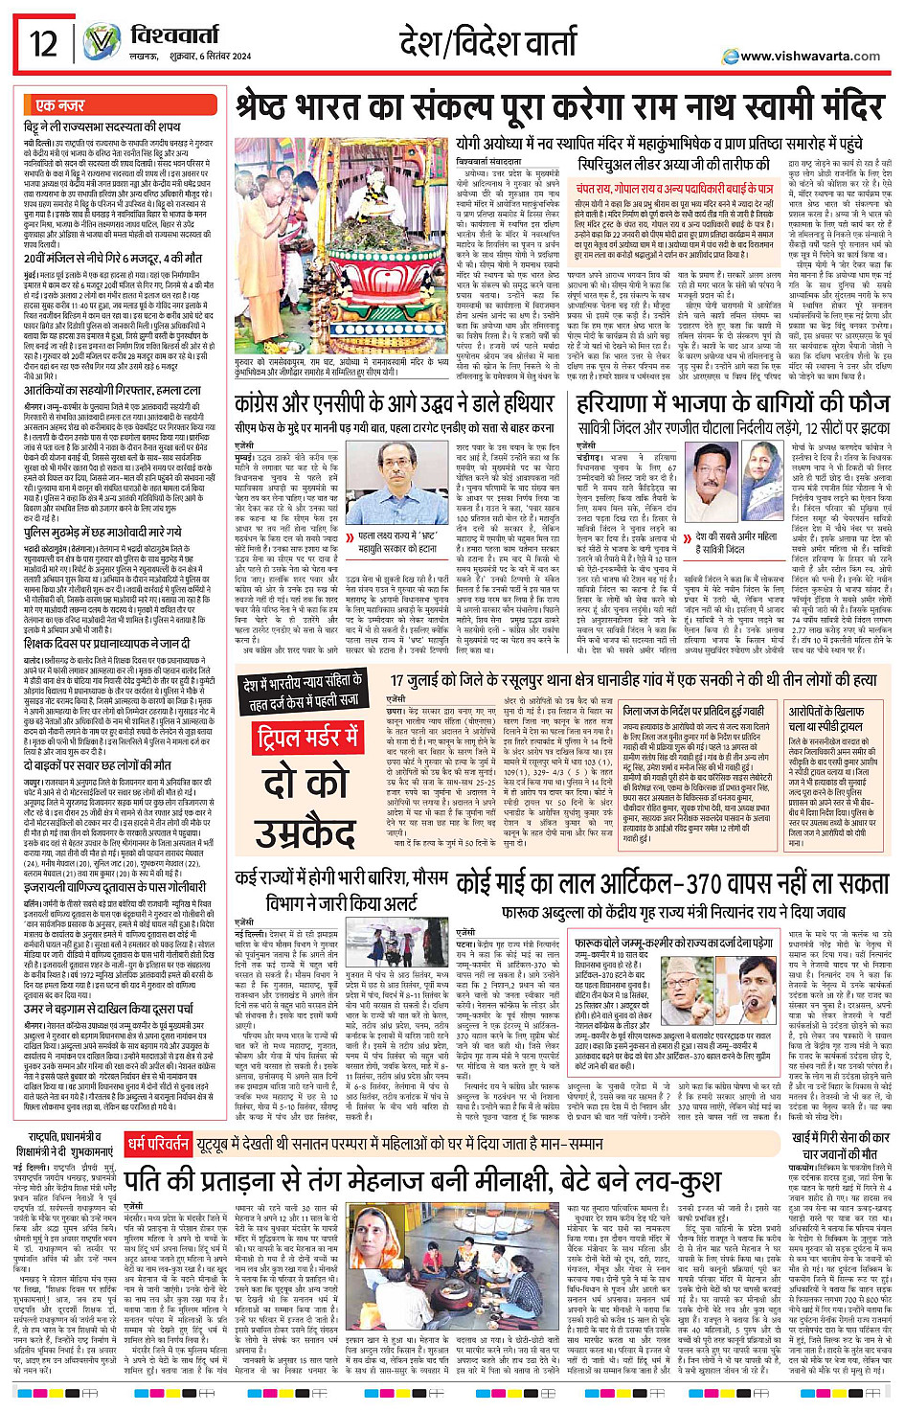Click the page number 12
[x=43, y=43]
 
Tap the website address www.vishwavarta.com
[x=809, y=57]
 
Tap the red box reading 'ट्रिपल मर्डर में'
[x=307, y=738]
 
